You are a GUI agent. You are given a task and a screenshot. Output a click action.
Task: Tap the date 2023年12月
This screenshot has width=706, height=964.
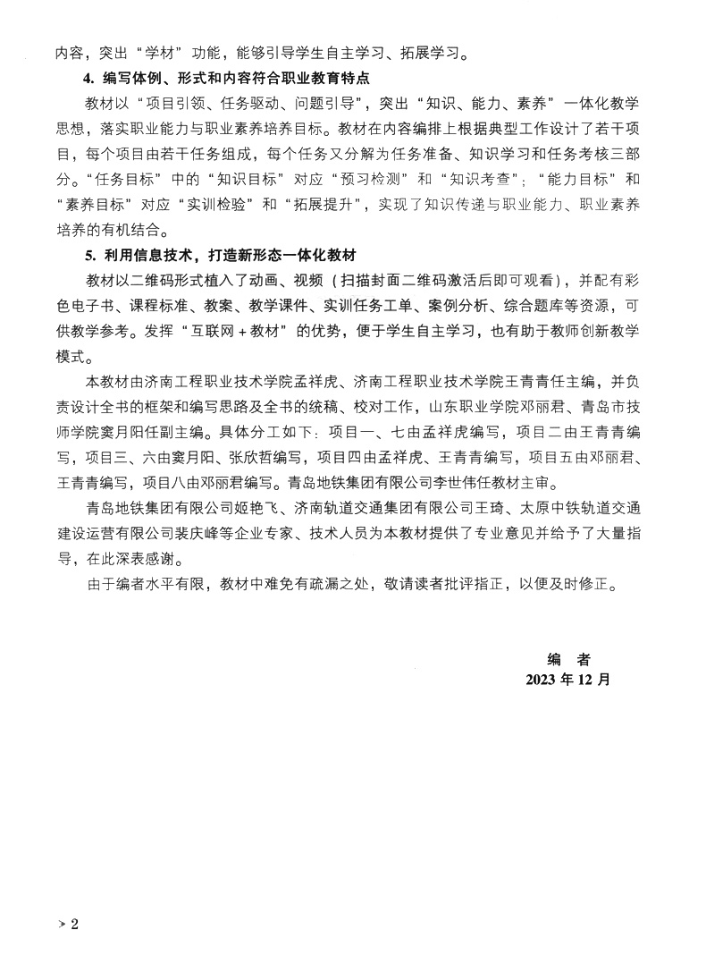point(569,679)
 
